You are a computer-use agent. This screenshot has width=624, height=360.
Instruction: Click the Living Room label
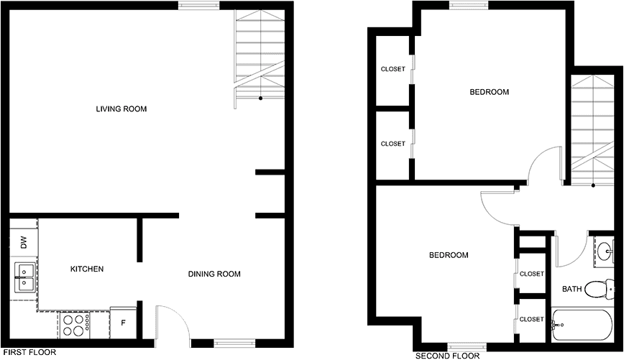tap(121, 109)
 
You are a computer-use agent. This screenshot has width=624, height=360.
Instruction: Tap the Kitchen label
tap(87, 269)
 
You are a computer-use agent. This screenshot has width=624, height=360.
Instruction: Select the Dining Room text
tap(214, 274)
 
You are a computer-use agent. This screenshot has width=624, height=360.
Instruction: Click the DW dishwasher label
tap(24, 242)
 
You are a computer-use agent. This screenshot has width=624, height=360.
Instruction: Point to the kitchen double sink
tap(24, 277)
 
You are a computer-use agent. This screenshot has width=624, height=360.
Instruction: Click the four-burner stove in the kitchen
tap(75, 325)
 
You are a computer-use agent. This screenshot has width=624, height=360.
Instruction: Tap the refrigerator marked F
tap(124, 323)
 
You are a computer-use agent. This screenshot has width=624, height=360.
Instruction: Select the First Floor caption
tap(29, 352)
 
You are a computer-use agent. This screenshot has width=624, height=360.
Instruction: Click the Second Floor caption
tap(447, 356)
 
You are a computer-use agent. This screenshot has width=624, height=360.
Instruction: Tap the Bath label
tap(572, 289)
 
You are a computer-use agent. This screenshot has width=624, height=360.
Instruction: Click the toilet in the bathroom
tap(601, 289)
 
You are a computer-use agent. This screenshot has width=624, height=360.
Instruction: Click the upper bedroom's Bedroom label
tap(489, 92)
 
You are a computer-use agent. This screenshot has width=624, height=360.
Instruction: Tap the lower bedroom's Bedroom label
tap(449, 255)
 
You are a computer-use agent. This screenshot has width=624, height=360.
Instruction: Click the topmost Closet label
tap(393, 69)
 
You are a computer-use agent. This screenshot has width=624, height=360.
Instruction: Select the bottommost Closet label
tap(532, 319)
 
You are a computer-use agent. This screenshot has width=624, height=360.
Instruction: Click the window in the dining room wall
tap(234, 342)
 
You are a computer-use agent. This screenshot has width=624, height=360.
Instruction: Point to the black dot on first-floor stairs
tap(261, 98)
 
